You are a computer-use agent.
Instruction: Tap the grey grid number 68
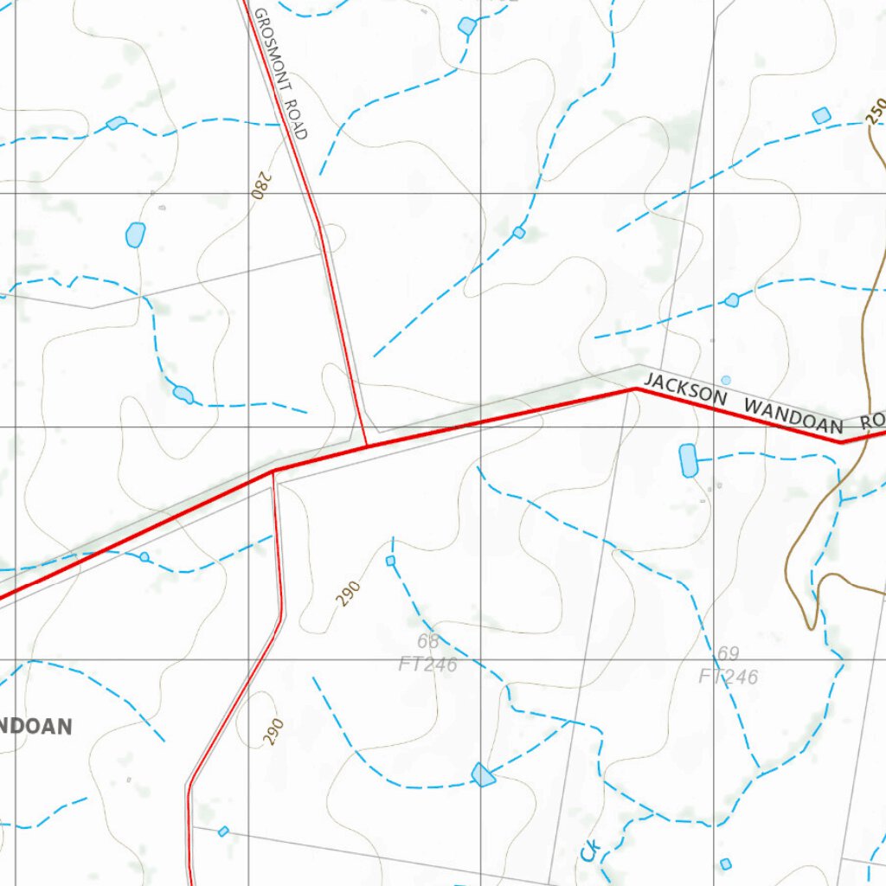point(427,642)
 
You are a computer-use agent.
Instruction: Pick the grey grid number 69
point(728,654)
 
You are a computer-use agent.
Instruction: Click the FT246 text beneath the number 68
point(427,664)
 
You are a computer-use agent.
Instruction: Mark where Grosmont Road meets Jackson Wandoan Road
point(367,446)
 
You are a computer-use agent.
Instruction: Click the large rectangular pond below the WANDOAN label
point(688,460)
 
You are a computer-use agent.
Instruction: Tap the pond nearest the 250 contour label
point(821,115)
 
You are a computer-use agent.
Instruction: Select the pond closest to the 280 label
point(135,234)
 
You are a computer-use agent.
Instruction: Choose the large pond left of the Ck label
point(483,774)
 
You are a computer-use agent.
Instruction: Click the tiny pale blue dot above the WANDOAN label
point(726,380)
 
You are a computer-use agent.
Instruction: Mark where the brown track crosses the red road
point(865,437)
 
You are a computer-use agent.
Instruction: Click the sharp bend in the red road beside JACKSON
point(636,389)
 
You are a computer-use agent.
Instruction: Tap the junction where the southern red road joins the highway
point(274,472)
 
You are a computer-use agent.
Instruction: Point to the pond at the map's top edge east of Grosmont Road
point(467,26)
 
